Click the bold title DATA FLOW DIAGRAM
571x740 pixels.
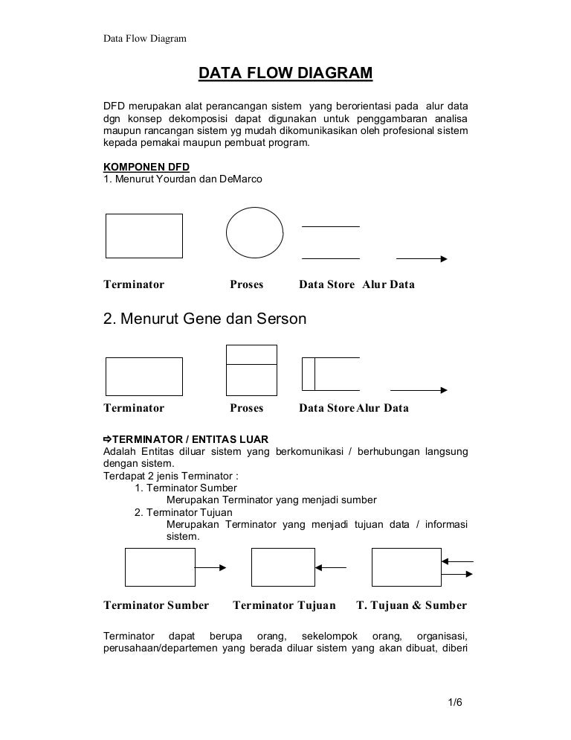point(285,74)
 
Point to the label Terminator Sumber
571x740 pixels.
point(155,605)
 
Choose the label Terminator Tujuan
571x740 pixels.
point(285,605)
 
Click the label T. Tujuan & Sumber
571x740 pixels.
point(412,605)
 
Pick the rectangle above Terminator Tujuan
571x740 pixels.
point(283,567)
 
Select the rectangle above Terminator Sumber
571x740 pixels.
point(160,567)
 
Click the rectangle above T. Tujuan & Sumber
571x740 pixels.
point(406,567)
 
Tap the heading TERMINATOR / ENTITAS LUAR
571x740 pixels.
point(191,438)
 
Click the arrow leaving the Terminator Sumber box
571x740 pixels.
point(211,567)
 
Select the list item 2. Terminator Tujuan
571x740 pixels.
point(184,512)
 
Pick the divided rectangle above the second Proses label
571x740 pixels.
point(251,369)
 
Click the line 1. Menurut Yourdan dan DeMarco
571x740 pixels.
point(182,179)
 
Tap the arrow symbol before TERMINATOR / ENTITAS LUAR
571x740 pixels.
point(106,438)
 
